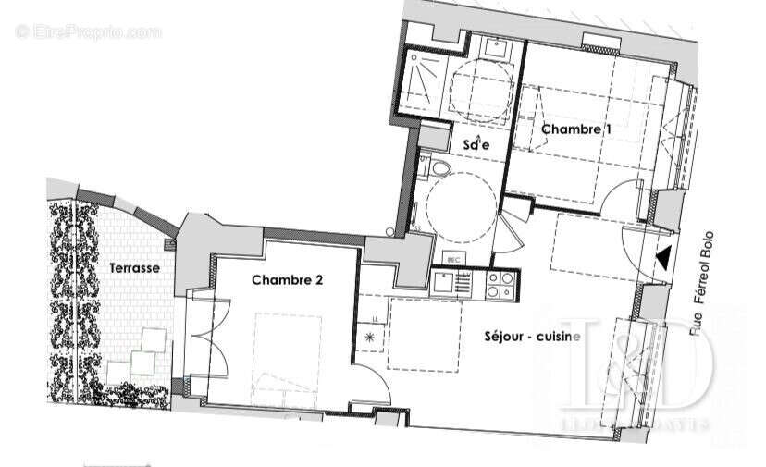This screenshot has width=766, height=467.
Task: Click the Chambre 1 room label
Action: tap(576, 129)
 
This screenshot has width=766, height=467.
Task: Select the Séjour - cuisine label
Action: tap(532, 337)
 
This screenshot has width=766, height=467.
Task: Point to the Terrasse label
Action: tap(134, 267)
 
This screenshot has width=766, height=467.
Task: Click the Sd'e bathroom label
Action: tap(477, 143)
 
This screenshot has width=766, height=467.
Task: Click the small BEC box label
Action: tap(453, 261)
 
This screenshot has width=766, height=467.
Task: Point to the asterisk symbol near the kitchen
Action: tap(372, 338)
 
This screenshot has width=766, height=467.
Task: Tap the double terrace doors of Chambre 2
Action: tap(206, 338)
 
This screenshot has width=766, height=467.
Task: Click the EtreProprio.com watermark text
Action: tap(89, 31)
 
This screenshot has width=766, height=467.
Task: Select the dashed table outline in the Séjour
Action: tap(426, 333)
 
